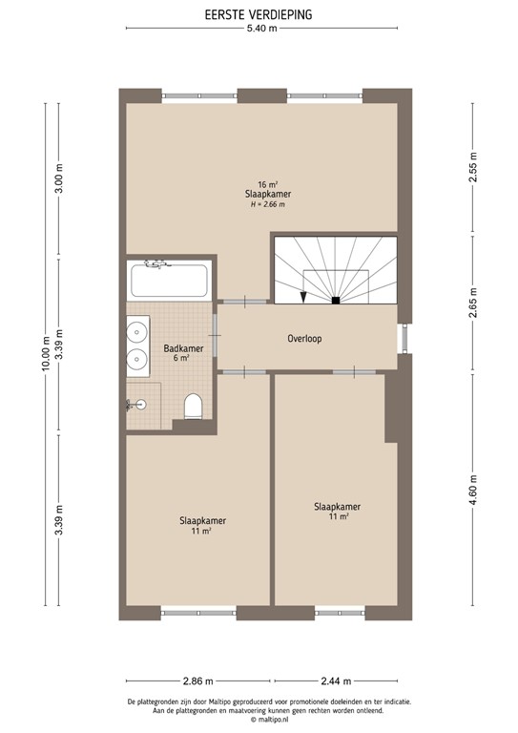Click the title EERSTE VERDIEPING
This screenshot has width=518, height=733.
(x=259, y=14)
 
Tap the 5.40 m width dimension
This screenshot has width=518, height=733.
(x=260, y=30)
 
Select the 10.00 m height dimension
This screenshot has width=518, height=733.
(x=44, y=353)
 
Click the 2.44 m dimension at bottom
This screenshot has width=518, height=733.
(x=335, y=681)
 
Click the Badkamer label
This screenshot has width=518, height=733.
(x=182, y=348)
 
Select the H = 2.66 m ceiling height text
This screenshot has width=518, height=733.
(x=267, y=204)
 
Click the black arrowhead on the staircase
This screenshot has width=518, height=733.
(x=303, y=297)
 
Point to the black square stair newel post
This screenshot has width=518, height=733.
(x=336, y=301)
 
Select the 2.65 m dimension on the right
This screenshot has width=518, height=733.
(x=472, y=304)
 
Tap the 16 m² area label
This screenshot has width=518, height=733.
(x=267, y=184)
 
